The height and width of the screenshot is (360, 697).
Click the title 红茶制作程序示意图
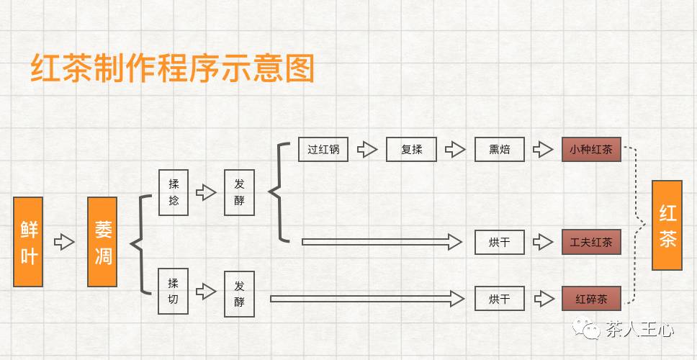tap(173, 69)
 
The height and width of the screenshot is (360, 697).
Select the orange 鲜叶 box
tap(28, 241)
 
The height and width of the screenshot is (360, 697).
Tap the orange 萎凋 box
tap(102, 241)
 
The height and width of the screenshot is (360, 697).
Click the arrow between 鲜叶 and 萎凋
tap(65, 241)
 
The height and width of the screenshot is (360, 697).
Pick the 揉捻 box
tap(174, 192)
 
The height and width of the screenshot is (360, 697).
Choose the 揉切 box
tap(174, 291)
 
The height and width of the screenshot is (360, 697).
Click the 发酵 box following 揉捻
tap(239, 192)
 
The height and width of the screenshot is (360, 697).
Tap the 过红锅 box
tap(323, 150)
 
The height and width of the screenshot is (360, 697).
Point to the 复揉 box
tap(411, 150)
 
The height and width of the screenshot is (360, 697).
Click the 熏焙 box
tap(499, 150)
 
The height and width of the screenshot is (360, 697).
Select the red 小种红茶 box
tap(591, 150)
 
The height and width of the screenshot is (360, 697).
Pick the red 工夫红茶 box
tap(591, 242)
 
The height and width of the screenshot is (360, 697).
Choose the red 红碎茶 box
tap(591, 298)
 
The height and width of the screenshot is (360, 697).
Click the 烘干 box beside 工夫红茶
tap(499, 242)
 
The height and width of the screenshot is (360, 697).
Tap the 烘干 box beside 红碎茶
tap(499, 298)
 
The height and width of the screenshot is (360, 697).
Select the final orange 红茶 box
tap(667, 225)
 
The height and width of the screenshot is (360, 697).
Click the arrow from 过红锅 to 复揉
tap(368, 150)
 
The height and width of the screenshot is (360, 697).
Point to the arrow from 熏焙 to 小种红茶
tap(542, 150)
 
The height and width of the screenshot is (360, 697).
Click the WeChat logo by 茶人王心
tap(592, 330)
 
